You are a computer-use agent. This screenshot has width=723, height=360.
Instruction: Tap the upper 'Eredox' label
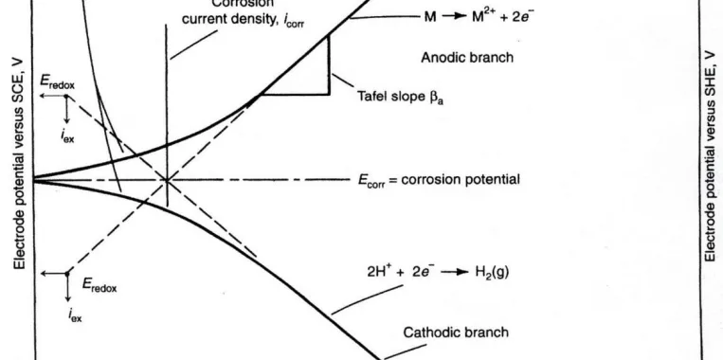(56, 83)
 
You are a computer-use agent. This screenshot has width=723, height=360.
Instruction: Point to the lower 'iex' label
(74, 319)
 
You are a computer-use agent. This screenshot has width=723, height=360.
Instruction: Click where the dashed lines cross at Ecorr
(167, 179)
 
